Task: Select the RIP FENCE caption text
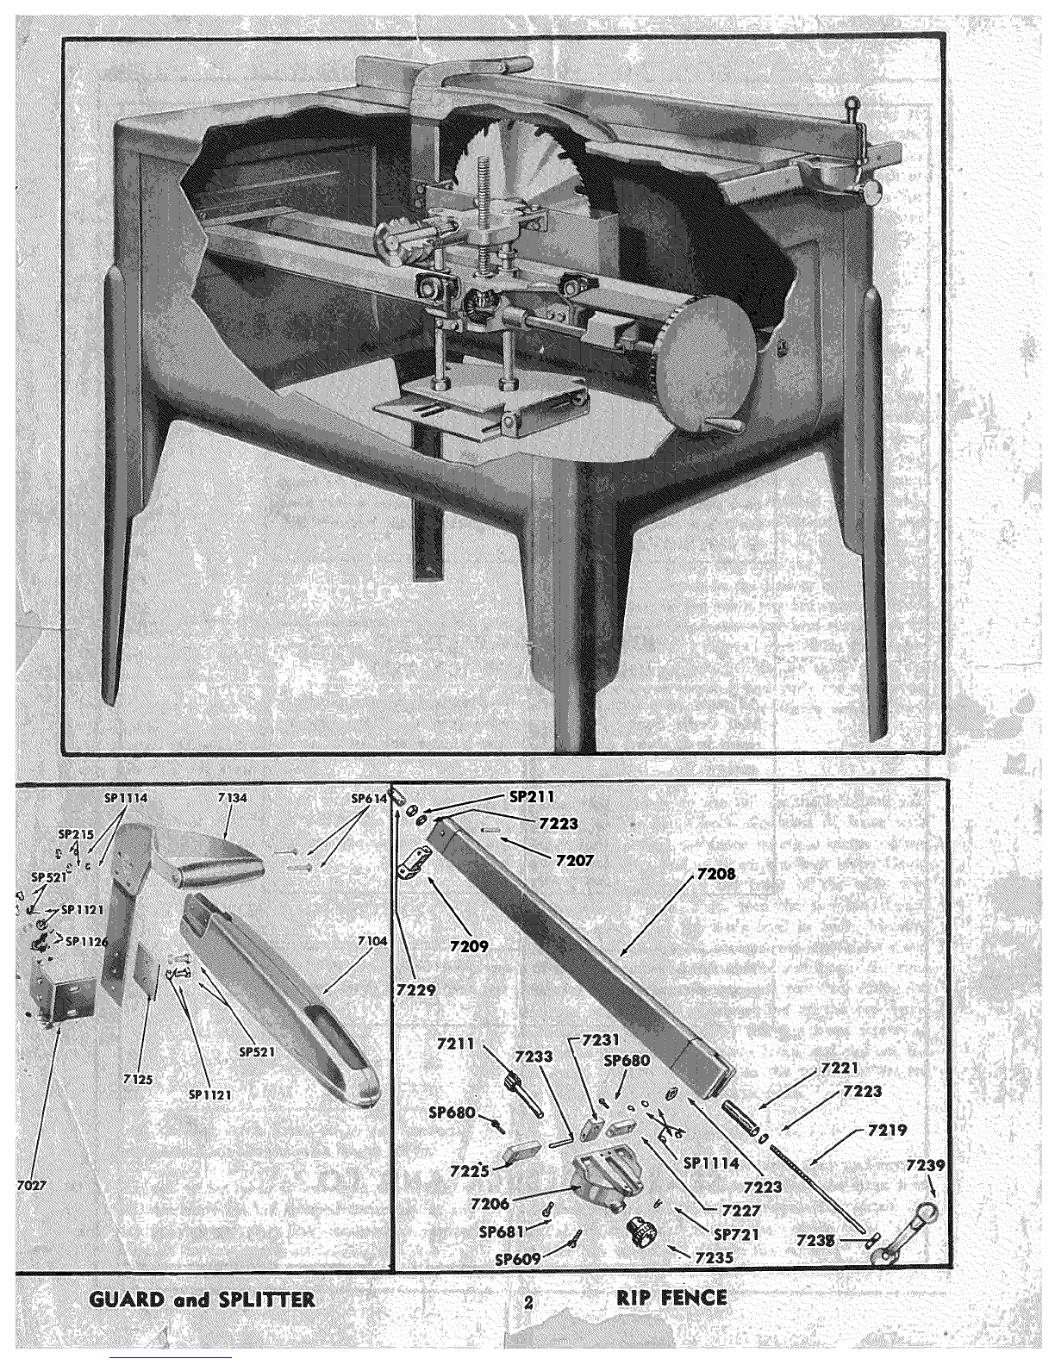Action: tap(671, 1297)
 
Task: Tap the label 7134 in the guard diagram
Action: tap(233, 799)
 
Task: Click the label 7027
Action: tap(33, 1185)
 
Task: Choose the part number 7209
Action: tap(469, 946)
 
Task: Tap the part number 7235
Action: tap(714, 1257)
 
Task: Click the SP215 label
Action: tap(77, 834)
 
